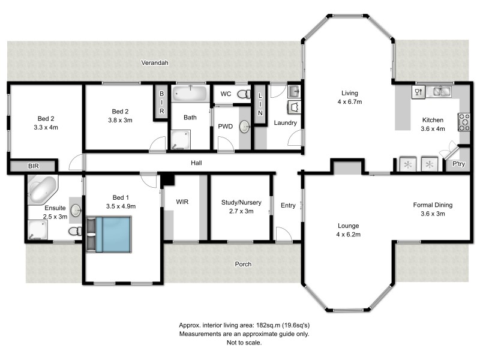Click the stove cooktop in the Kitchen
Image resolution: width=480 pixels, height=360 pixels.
[463, 122]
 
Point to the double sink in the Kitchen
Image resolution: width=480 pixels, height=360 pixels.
[442, 92]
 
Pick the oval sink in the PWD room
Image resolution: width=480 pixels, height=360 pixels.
[245, 127]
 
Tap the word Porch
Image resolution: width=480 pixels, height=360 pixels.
[242, 264]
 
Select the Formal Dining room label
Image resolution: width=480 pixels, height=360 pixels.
[433, 205]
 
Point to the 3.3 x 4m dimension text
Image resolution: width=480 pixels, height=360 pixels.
[44, 127]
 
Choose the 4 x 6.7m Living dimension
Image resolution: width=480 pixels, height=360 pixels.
[349, 102]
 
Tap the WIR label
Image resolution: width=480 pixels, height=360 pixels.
[182, 202]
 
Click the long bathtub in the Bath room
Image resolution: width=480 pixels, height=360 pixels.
[190, 94]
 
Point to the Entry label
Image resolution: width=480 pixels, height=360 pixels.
[288, 206]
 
